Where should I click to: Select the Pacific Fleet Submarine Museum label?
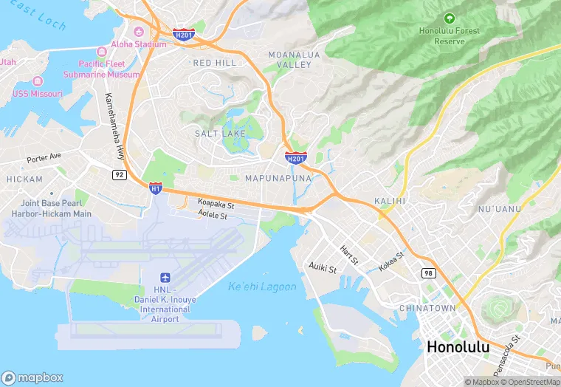109,69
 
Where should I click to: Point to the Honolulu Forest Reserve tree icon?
449,18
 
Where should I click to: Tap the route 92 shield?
119,174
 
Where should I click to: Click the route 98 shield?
429,273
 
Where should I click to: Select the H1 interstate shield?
156,188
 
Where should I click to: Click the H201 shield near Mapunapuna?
296,157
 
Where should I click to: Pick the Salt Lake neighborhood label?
220,133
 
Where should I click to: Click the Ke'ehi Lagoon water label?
262,287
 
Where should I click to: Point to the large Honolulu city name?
458,346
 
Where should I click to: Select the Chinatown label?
427,307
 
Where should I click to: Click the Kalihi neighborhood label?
390,201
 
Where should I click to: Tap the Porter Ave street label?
44,157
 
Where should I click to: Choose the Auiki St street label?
323,267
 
